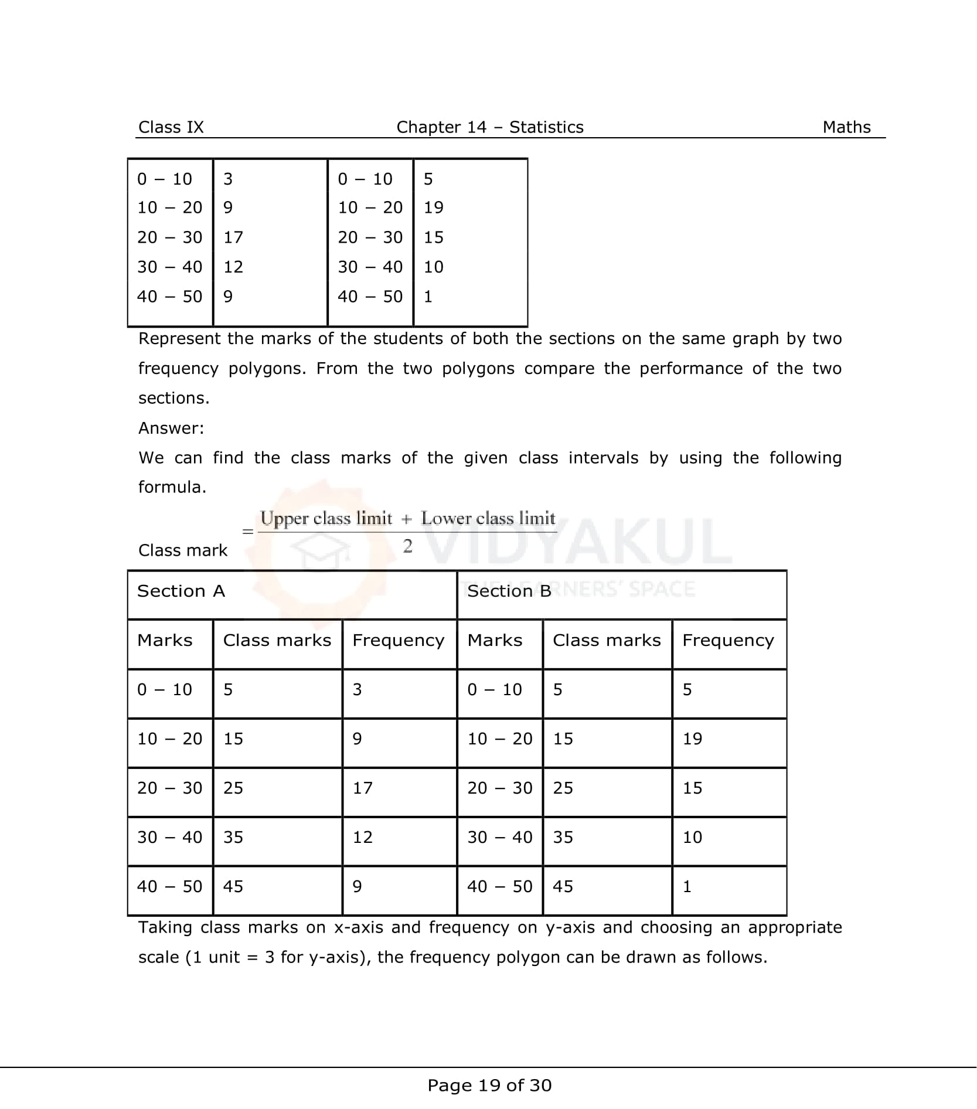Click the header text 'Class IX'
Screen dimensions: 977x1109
[x=171, y=127]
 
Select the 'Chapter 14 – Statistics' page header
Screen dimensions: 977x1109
[x=490, y=127]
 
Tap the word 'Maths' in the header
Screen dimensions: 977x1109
[x=846, y=127]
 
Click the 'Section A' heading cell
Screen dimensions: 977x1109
[x=181, y=591]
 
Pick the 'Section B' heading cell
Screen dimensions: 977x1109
[x=509, y=591]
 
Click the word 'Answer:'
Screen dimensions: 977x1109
[x=171, y=428]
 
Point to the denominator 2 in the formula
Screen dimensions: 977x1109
[x=408, y=546]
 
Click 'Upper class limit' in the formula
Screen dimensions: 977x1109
[x=326, y=519]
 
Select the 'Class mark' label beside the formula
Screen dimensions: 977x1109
[x=182, y=550]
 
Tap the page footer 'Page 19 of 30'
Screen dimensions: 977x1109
[x=489, y=1086]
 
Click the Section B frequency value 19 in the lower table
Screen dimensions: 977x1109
[x=692, y=739]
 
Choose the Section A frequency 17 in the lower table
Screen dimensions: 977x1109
[x=362, y=788]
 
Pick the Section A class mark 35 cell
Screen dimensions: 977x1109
[x=233, y=837]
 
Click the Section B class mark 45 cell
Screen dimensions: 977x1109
[x=563, y=886]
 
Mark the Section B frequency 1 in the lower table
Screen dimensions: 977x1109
[x=687, y=886]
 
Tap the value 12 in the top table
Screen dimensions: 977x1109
[x=233, y=267]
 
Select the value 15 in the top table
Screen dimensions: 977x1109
[x=433, y=237]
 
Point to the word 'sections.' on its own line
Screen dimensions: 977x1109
[x=173, y=399]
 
